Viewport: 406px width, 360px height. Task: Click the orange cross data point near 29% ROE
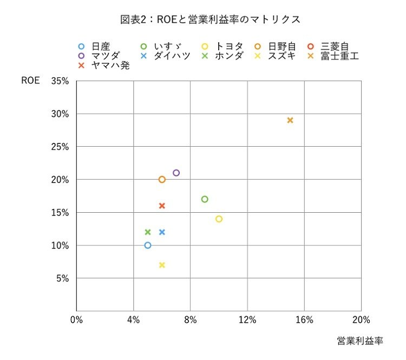290,120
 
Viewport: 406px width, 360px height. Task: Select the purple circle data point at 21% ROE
176,173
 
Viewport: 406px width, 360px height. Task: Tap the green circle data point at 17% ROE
205,199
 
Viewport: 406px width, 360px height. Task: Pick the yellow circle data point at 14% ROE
219,219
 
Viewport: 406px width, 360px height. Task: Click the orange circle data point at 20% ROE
162,180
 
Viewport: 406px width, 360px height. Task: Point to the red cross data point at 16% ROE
162,206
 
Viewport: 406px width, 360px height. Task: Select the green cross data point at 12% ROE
148,232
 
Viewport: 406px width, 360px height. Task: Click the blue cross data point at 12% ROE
162,232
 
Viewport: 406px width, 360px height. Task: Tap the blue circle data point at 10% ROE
148,245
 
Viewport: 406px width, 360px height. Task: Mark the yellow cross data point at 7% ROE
162,265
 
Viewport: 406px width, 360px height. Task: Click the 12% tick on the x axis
247,319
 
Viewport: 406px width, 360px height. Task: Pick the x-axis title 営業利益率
359,341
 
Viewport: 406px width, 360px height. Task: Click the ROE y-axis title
31,81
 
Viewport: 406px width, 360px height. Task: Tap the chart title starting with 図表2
210,19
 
